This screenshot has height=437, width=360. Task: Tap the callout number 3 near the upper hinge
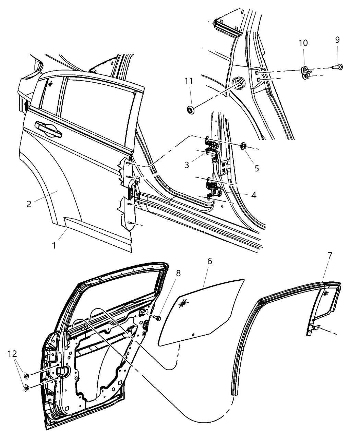[187, 165]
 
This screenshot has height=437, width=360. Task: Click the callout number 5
[256, 168]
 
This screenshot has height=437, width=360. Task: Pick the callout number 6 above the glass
[209, 261]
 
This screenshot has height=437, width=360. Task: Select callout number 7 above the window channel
[330, 255]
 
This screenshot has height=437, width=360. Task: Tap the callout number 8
[178, 273]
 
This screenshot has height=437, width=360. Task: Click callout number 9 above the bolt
[337, 40]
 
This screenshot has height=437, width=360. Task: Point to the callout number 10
[303, 43]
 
